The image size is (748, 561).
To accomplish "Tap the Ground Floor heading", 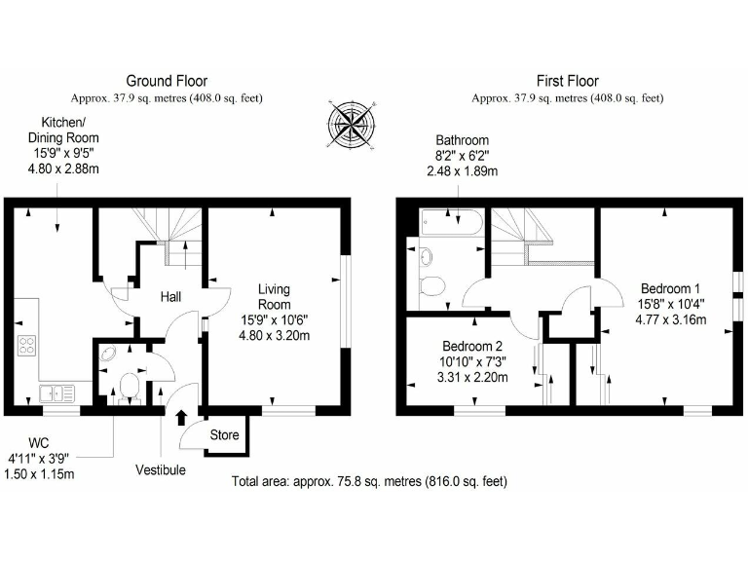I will (167, 81).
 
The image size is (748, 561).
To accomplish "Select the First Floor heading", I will (567, 81).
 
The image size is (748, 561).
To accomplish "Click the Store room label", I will (224, 435).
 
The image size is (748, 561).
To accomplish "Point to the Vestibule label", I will (160, 469).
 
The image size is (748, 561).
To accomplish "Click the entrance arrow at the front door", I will (180, 419).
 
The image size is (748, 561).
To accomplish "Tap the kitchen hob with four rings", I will (26, 346).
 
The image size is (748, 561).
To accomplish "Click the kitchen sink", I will (56, 393).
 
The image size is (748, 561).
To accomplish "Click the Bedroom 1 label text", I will (670, 288).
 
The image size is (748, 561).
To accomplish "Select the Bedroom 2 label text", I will (472, 347).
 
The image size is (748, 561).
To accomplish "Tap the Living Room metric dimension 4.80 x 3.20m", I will (274, 336).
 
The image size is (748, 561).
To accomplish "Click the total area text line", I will (369, 481).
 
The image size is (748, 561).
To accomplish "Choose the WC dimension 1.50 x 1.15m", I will (41, 473).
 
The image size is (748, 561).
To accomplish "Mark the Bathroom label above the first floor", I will (462, 140).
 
